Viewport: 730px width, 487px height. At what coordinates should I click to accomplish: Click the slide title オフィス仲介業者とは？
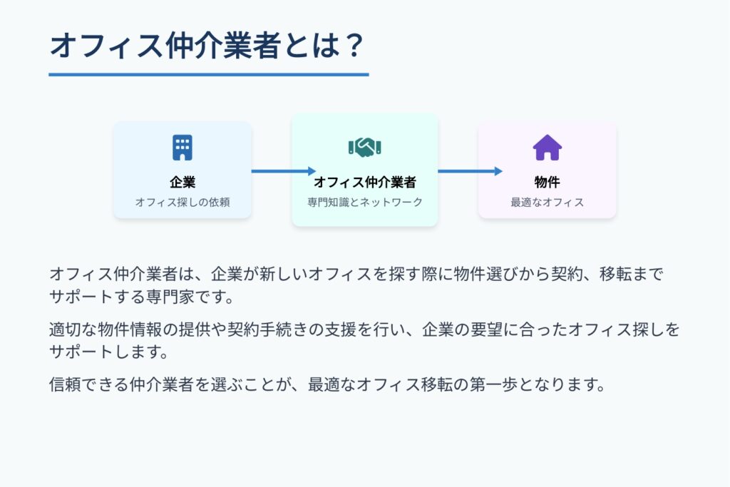(207, 46)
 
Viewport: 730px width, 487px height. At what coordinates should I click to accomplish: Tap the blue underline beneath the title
(209, 74)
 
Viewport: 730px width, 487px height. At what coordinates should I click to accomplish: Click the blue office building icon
(182, 148)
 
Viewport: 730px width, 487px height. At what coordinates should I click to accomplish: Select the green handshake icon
(365, 147)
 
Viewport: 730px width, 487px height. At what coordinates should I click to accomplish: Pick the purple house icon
(547, 148)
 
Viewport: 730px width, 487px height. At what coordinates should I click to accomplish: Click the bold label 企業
(182, 182)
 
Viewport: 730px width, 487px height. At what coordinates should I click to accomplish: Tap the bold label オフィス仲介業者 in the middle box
(365, 182)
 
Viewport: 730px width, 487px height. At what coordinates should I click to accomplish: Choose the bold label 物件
(547, 182)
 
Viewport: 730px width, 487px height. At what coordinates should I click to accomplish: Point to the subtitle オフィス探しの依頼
(182, 202)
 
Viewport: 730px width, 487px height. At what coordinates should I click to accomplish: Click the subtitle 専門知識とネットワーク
(365, 202)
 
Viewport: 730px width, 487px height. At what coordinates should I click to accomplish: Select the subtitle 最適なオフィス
(547, 202)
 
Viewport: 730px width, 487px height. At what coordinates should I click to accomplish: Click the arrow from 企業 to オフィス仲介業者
(284, 171)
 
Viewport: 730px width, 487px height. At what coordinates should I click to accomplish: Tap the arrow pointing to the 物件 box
(471, 171)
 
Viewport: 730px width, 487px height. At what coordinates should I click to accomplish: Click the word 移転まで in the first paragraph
(632, 275)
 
